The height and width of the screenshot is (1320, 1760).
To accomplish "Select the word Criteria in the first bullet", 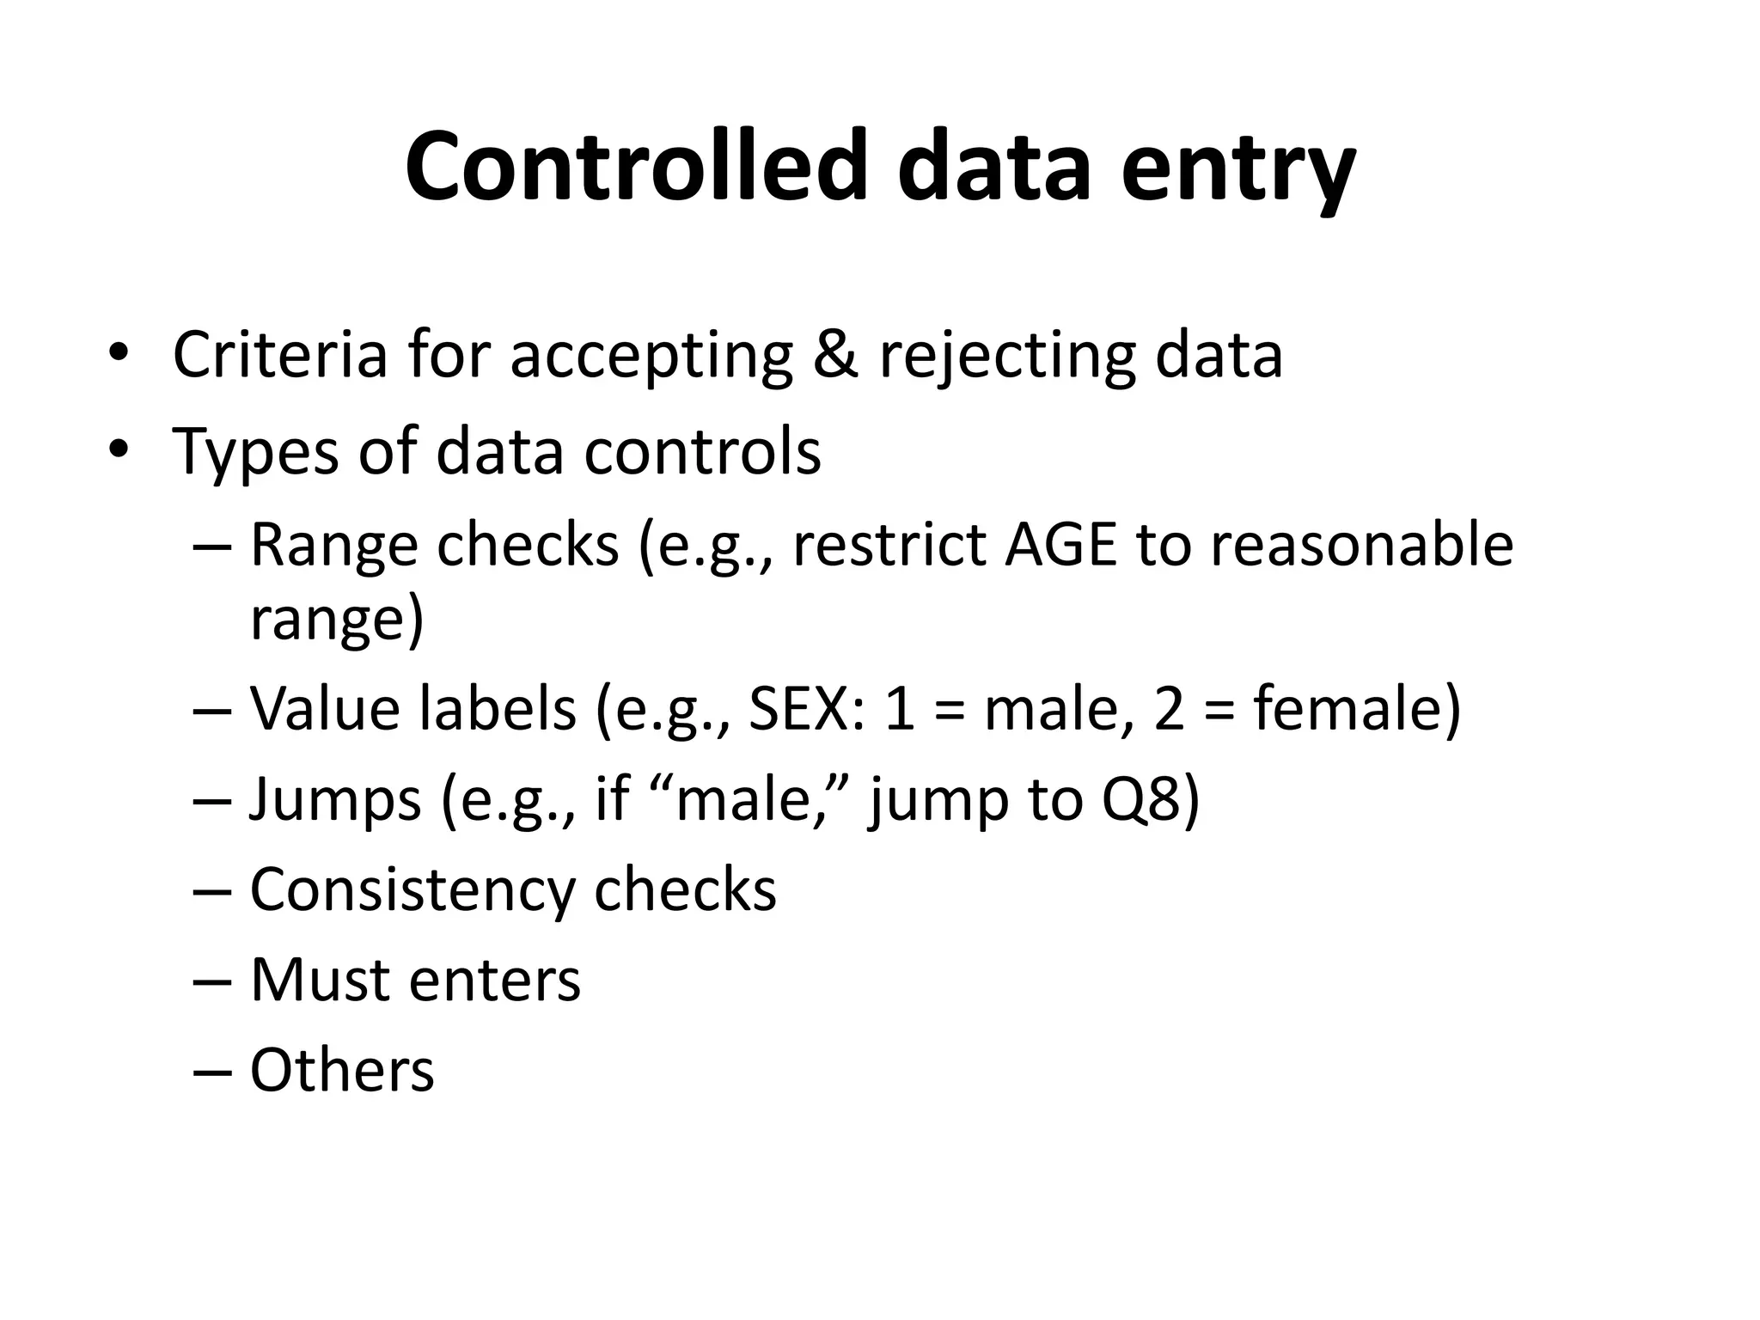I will tap(280, 353).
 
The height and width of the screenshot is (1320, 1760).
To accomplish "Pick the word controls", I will tap(702, 451).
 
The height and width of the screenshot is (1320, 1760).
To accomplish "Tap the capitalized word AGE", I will tap(1060, 545).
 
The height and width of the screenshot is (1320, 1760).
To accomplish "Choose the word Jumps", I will tap(335, 800).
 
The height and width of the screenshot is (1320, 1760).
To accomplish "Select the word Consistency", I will tap(411, 891).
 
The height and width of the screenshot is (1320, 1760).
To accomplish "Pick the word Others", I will tap(342, 1070).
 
